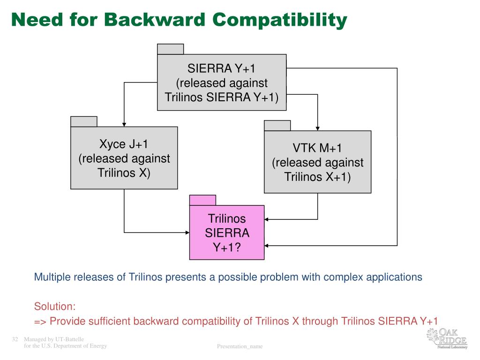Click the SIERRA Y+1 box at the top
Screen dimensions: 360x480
(x=221, y=82)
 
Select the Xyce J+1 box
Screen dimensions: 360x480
(x=124, y=158)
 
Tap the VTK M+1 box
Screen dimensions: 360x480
(x=317, y=162)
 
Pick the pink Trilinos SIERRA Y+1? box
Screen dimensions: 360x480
(x=226, y=232)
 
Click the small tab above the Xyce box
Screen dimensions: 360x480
(x=84, y=121)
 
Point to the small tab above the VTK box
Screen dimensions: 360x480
(x=277, y=126)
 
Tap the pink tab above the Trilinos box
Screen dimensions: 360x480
(x=202, y=200)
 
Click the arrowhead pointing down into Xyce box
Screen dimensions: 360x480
(x=124, y=123)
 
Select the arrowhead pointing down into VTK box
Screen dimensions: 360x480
(x=318, y=127)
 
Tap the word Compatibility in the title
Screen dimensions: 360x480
(x=280, y=21)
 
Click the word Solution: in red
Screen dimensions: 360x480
(x=55, y=307)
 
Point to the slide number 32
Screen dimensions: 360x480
(x=15, y=339)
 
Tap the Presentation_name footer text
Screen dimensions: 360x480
(x=240, y=346)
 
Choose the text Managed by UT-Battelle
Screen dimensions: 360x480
(x=54, y=339)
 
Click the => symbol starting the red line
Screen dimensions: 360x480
(x=40, y=321)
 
